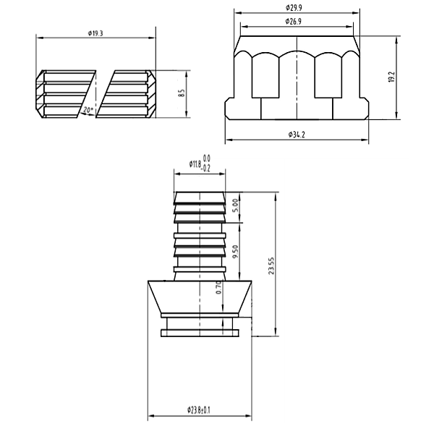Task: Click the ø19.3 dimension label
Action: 95,33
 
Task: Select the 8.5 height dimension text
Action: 182,93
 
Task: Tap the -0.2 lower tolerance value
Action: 207,169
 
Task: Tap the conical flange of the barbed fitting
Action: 200,297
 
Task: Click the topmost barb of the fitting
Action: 200,197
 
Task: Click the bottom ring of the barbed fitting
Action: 200,332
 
